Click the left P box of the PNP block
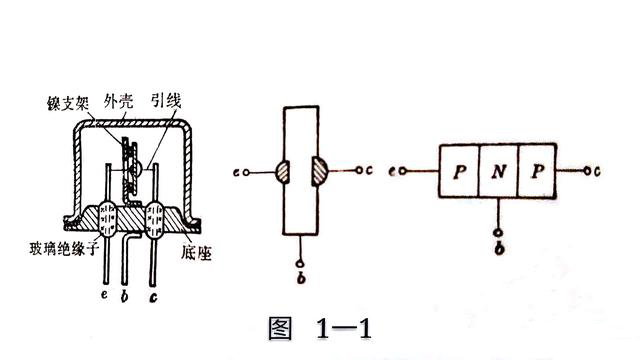pos(459,171)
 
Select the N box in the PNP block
pos(499,171)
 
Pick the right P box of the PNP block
pos(538,171)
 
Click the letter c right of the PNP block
pos(596,171)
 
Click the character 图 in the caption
pos(284,327)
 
